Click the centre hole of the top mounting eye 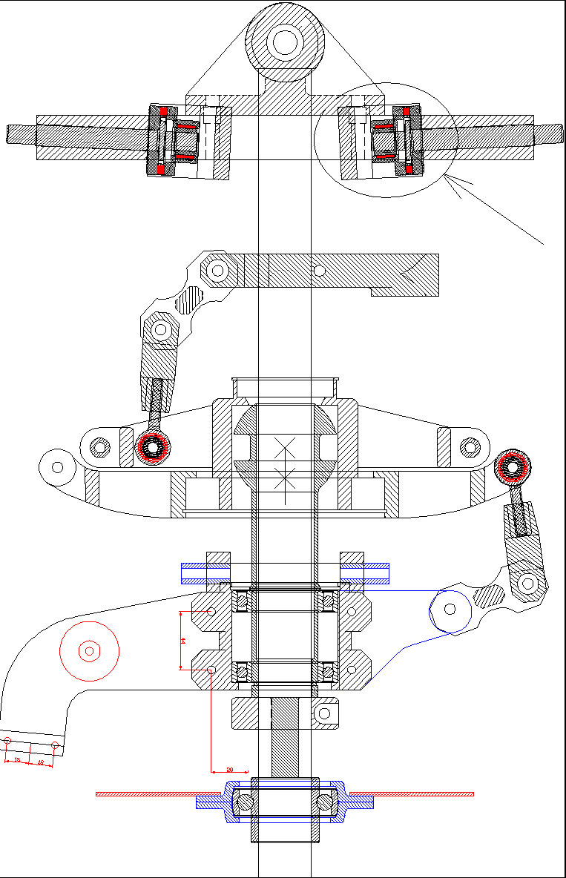point(285,42)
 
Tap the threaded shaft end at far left point(21,134)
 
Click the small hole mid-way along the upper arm point(319,270)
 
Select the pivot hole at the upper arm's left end point(217,270)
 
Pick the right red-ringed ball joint point(513,466)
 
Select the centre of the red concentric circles point(89,651)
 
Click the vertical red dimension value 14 point(182,640)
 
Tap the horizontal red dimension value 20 point(229,770)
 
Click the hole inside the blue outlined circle point(449,609)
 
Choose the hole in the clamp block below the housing point(323,714)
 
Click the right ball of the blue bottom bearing point(326,802)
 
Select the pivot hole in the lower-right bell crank point(527,582)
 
